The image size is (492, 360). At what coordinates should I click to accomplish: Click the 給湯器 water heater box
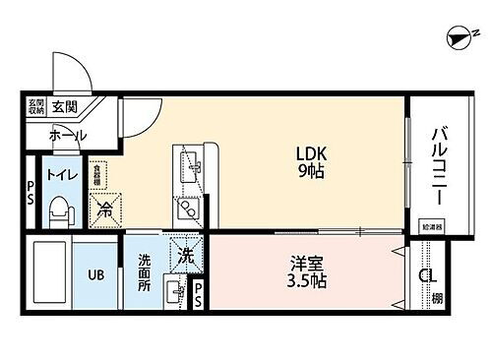(430, 224)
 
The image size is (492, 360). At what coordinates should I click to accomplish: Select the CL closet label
(427, 276)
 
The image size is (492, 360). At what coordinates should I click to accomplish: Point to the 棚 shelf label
(437, 298)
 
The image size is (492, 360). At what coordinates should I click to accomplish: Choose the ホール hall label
(67, 135)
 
